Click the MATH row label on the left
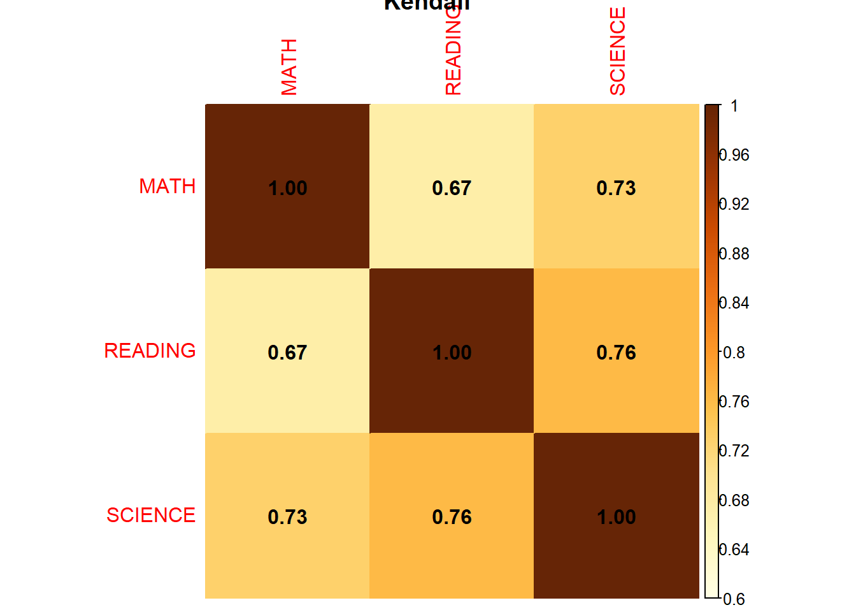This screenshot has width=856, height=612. tap(168, 186)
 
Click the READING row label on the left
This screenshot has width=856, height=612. tap(150, 351)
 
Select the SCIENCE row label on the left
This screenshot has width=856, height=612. tap(151, 515)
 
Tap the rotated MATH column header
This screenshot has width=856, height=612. tap(289, 67)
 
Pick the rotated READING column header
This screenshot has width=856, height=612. tap(453, 57)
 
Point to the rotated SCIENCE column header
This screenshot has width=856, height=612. tap(618, 52)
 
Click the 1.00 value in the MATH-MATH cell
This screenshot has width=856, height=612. tap(288, 188)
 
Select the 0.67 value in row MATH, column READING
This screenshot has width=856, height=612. tap(452, 188)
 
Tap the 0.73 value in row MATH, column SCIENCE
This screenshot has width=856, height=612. tap(616, 188)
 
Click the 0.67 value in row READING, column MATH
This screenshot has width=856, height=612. tap(287, 353)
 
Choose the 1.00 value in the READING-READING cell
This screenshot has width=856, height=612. tap(452, 353)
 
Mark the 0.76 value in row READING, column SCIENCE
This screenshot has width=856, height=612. tap(616, 353)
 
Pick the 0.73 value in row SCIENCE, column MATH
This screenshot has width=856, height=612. tap(287, 517)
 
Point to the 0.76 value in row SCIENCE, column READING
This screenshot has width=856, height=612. tap(452, 517)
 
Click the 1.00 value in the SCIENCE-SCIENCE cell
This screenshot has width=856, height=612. tap(616, 517)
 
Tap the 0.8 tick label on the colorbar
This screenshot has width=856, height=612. tap(734, 353)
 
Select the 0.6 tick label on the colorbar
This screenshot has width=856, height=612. tap(734, 599)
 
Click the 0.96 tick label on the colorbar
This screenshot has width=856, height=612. tap(734, 155)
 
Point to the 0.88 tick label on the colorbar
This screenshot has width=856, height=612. tap(734, 254)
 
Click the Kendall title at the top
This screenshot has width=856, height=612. tap(427, 5)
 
